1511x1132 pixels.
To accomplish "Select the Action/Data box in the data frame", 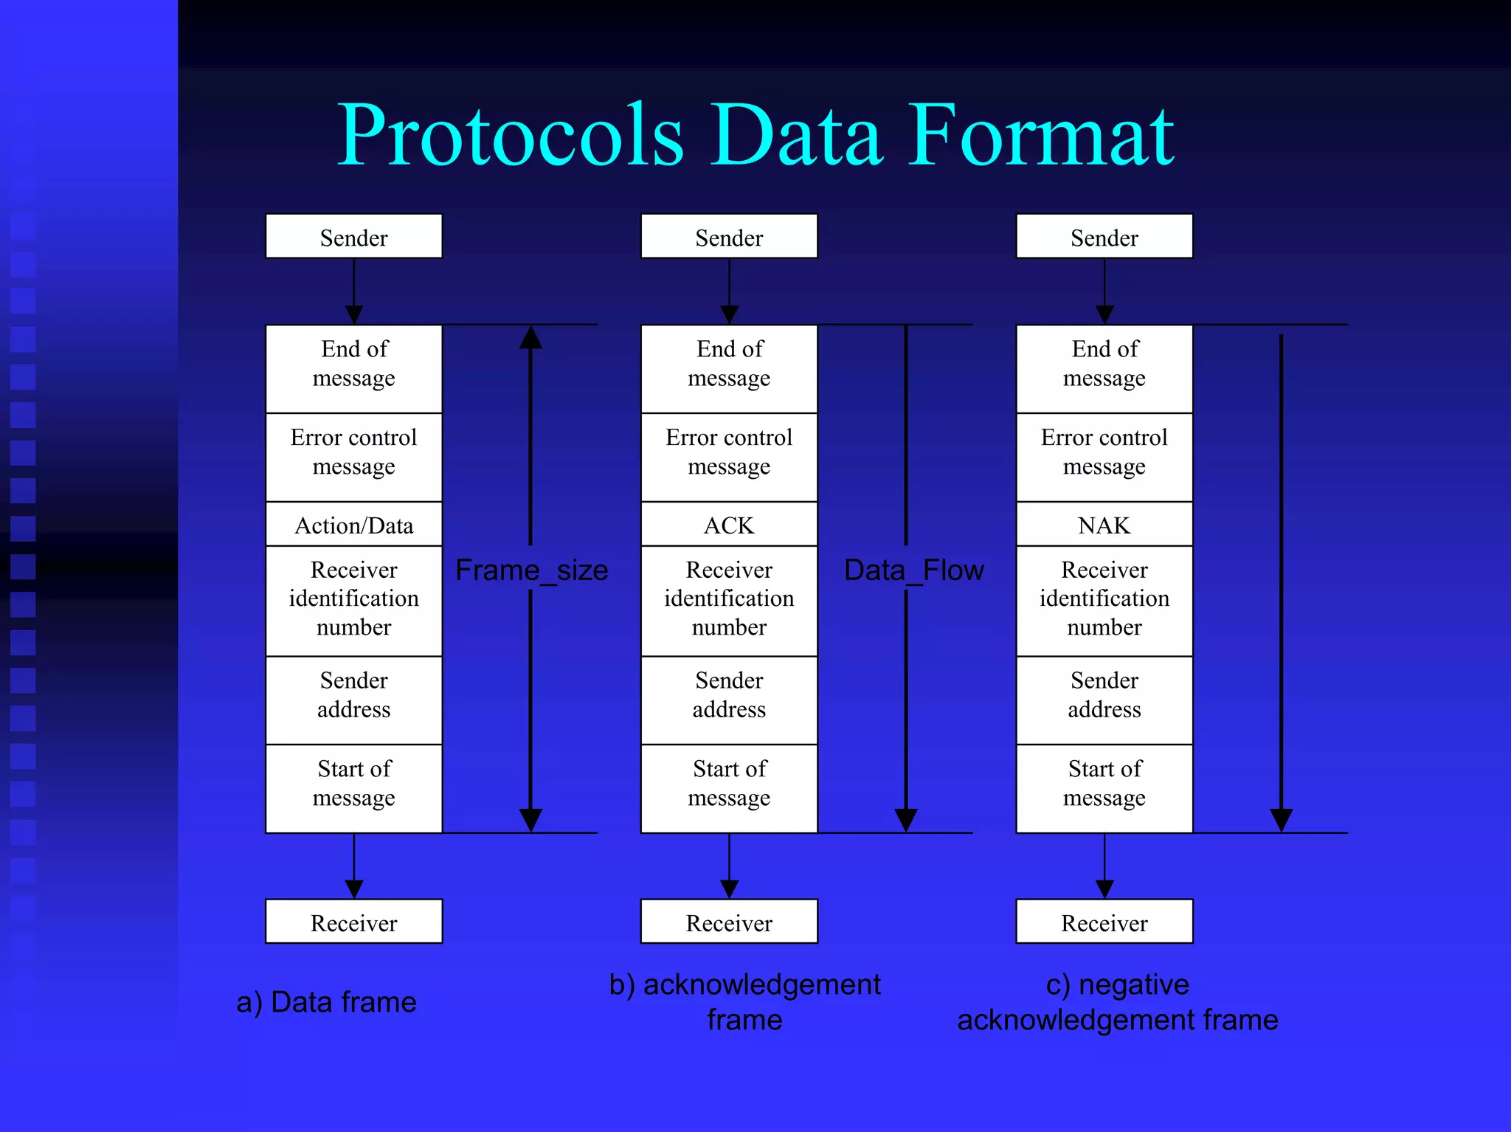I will [x=354, y=525].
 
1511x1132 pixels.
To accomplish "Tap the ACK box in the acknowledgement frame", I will [x=729, y=525].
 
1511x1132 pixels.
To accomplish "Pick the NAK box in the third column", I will [x=1104, y=525].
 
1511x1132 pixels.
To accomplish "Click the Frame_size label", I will [x=531, y=570].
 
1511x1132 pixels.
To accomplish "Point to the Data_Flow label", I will [x=913, y=570].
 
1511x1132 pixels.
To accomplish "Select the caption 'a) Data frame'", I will [x=326, y=1002].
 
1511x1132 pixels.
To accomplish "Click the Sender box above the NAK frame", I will [x=1104, y=237].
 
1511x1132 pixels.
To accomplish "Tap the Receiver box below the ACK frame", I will [x=729, y=922].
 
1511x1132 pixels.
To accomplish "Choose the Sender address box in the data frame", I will [x=354, y=694].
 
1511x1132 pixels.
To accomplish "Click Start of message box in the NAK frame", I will [x=1104, y=784].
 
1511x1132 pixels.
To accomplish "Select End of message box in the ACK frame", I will [x=729, y=364].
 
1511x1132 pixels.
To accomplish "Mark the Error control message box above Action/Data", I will [x=354, y=452].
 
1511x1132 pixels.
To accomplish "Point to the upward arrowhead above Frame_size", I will [x=530, y=338].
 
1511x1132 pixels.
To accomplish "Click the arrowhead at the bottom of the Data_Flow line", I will [x=906, y=820].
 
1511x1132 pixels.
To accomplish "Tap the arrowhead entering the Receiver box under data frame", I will [x=354, y=888].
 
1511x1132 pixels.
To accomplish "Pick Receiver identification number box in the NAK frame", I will [x=1104, y=598].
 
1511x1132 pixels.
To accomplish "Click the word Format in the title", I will [x=1040, y=136].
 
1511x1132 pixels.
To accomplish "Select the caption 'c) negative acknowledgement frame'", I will [x=1117, y=1002].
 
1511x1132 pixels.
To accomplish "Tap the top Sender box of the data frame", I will [x=354, y=237].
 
